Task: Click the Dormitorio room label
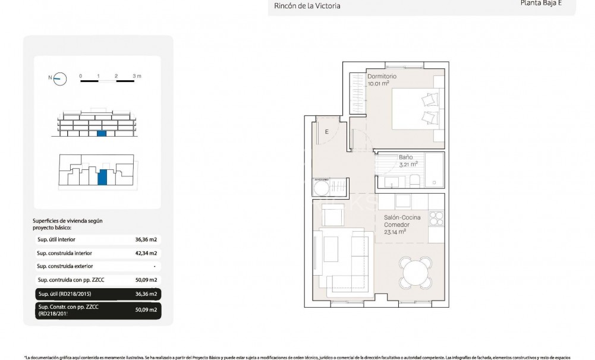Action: click(382, 77)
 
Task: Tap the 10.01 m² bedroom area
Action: click(378, 84)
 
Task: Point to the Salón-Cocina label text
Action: click(402, 217)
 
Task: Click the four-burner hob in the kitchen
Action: click(436, 218)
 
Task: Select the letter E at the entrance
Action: click(326, 132)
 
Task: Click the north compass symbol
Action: click(59, 78)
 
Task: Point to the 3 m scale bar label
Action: click(137, 76)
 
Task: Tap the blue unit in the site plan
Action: click(102, 177)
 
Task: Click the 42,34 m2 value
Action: click(146, 253)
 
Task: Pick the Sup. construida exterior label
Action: click(65, 266)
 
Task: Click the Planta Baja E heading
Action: click(539, 2)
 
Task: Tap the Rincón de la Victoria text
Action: click(307, 6)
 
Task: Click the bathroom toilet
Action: click(414, 181)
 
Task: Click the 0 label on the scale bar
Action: click(80, 76)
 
